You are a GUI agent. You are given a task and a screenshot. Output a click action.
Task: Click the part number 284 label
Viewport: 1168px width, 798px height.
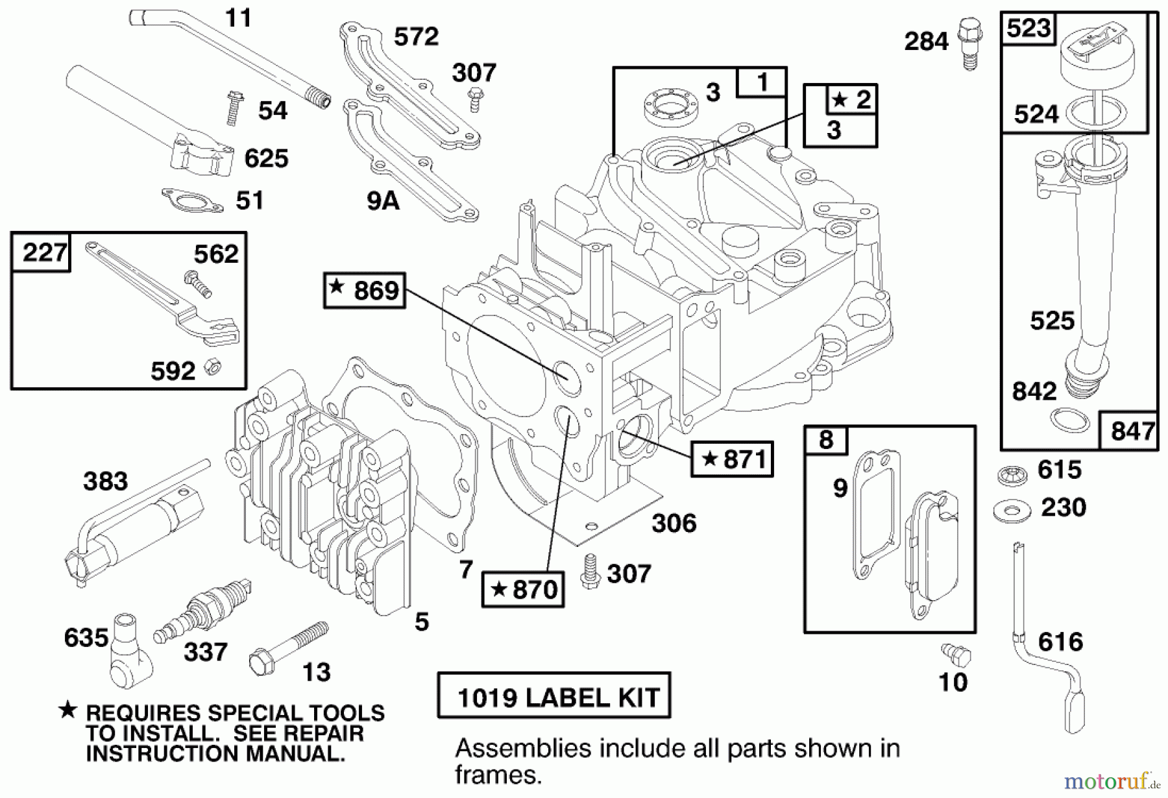click(926, 42)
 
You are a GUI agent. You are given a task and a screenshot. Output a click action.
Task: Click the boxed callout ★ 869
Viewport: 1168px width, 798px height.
click(365, 290)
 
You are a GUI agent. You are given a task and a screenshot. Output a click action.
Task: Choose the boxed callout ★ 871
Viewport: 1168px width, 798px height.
click(732, 459)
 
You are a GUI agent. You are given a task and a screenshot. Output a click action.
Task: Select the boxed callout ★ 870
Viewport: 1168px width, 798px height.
click(522, 589)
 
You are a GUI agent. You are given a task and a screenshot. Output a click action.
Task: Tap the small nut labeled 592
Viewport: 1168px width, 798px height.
click(212, 367)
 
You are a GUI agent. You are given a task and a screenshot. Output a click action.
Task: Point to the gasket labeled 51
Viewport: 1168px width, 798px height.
click(191, 200)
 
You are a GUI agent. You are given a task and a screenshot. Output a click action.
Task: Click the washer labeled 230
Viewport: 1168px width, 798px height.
click(1012, 511)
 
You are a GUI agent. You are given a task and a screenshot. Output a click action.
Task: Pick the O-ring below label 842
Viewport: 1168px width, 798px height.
click(1069, 420)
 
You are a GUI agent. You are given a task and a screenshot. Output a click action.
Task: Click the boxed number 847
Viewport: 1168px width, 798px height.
click(1132, 431)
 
